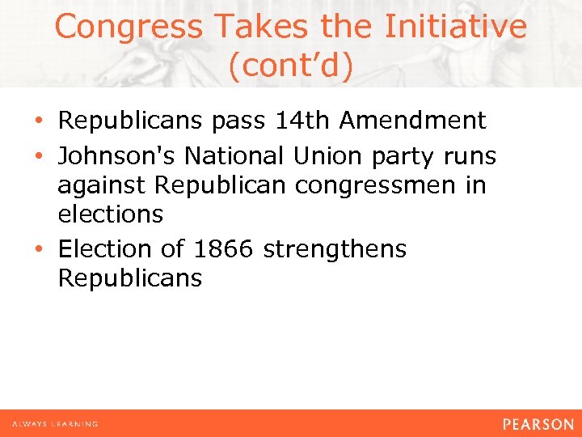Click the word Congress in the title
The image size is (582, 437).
[127, 27]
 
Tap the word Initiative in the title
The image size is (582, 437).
[455, 27]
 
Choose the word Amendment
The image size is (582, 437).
[412, 121]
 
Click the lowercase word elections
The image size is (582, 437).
[110, 215]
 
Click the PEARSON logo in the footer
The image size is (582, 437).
[537, 424]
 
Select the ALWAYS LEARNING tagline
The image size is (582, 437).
[55, 424]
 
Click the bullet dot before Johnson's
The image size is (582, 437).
[40, 155]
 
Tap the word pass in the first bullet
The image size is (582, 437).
[238, 121]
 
